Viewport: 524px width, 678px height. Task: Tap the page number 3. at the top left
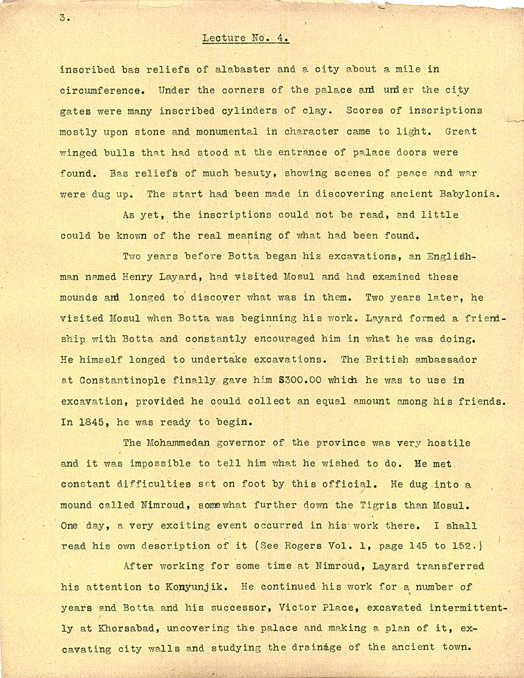65,18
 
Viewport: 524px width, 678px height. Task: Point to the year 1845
91,422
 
